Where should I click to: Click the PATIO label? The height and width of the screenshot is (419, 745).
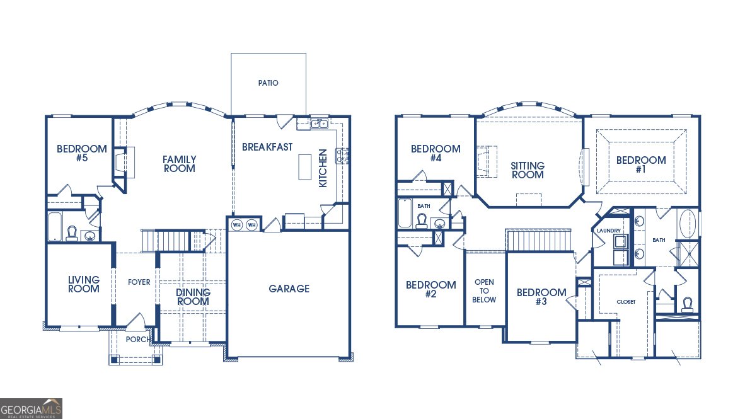268,83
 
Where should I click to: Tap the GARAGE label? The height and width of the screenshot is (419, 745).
289,289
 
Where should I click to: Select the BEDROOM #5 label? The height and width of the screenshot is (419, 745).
81,153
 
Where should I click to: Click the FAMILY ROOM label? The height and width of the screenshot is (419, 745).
179,164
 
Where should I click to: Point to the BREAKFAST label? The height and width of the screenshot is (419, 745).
267,147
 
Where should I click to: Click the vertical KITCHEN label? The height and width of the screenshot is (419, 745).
323,168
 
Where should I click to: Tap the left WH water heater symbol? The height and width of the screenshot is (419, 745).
237,224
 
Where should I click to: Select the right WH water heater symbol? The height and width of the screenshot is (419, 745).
251,224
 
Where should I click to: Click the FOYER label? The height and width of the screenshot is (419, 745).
139,282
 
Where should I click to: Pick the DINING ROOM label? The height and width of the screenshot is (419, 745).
193,297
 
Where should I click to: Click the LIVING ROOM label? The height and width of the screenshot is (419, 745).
84,284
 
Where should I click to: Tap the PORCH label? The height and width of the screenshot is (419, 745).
138,340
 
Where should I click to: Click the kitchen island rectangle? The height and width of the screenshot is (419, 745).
305,166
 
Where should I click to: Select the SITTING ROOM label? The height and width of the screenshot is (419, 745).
528,170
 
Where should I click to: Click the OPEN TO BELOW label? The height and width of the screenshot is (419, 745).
484,290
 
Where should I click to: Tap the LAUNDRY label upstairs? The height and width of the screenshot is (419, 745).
609,231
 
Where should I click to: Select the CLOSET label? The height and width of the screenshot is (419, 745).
625,302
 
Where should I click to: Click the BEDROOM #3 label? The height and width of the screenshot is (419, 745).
541,297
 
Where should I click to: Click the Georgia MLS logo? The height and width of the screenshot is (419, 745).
32,409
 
